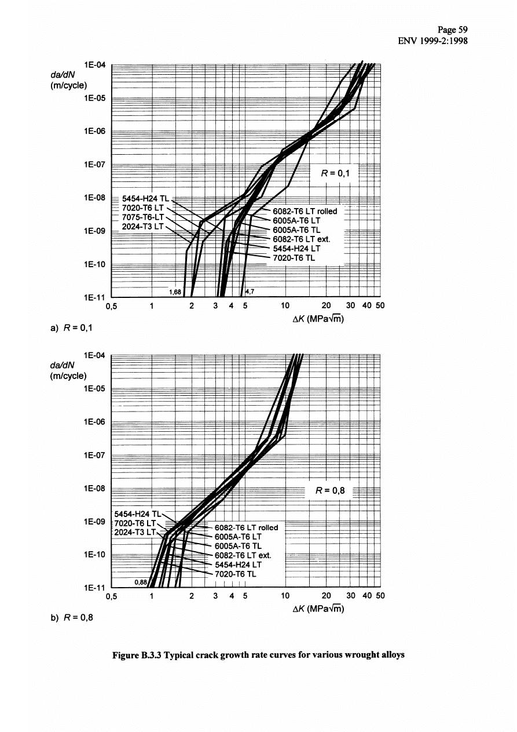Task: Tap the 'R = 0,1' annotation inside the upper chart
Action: click(335, 172)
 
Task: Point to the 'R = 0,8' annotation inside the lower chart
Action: click(330, 491)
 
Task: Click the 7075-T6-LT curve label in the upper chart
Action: click(143, 217)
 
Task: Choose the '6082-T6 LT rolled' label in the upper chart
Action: click(305, 211)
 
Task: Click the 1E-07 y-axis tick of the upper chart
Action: click(93, 165)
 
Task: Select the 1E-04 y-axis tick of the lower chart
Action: click(93, 355)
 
